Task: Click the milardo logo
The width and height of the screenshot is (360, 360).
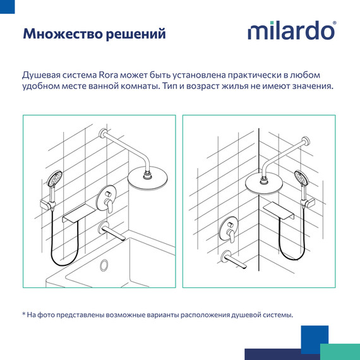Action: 291,32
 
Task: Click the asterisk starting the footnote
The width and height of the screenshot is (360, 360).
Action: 23,315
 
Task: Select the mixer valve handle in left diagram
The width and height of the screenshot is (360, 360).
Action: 107,202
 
